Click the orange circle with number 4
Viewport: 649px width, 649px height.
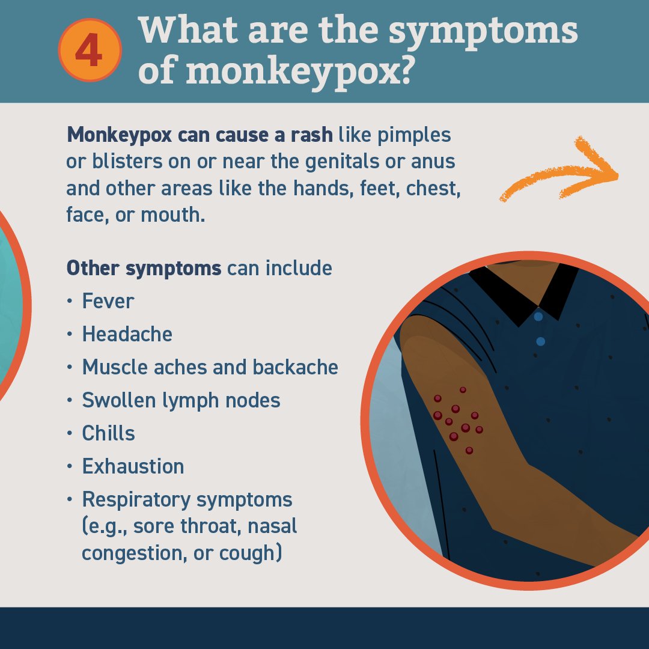tap(90, 50)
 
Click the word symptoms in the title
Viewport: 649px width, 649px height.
tap(483, 32)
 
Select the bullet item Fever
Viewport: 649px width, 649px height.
tap(108, 301)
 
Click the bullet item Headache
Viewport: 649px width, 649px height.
tap(127, 334)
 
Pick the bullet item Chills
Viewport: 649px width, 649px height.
tap(108, 433)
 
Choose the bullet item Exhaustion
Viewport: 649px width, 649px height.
tap(133, 466)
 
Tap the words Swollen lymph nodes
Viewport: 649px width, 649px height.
tap(181, 401)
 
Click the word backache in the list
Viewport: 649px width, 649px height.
tap(295, 367)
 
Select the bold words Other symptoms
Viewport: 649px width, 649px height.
tap(144, 268)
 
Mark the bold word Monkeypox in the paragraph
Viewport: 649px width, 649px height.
tap(119, 135)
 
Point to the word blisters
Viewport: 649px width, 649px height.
tap(127, 162)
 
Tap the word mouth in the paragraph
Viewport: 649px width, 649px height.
tap(172, 215)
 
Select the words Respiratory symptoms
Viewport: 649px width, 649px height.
tap(187, 500)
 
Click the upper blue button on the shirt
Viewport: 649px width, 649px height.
tap(538, 317)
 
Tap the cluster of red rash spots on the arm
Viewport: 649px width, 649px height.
tap(458, 420)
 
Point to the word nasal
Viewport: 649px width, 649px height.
tap(272, 526)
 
